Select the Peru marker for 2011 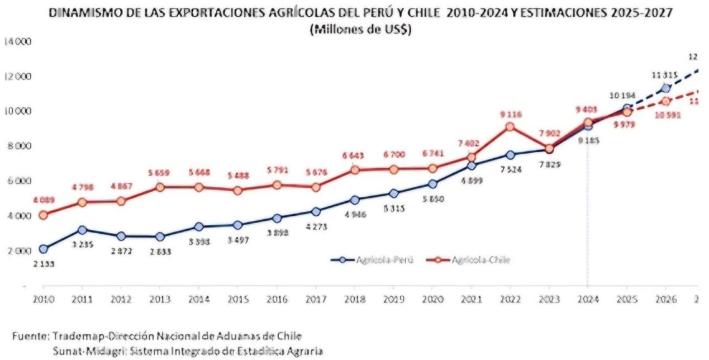[82, 230]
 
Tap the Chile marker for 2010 [44, 215]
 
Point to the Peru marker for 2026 [665, 88]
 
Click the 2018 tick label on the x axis [354, 300]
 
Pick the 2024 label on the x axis [588, 300]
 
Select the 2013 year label [160, 300]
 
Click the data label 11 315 [665, 75]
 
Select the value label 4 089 [44, 200]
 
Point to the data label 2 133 [44, 263]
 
